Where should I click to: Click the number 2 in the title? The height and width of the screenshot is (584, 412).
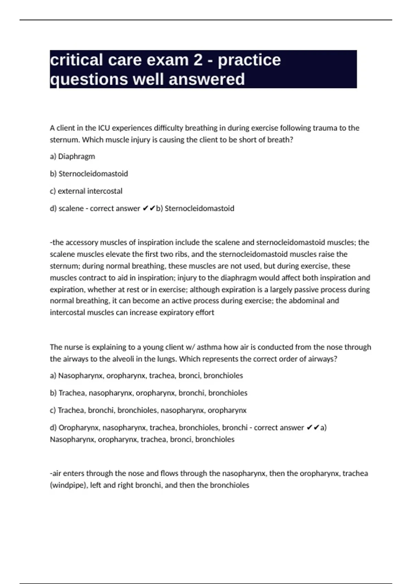click(198, 60)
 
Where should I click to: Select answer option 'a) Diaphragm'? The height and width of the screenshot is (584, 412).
click(72, 157)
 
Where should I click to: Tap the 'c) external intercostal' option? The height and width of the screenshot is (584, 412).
click(86, 191)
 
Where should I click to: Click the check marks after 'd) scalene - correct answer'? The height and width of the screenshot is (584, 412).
click(148, 209)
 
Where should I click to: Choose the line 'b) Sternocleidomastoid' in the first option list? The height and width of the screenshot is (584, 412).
click(89, 174)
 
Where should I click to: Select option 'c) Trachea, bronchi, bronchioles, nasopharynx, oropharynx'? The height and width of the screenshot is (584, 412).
click(148, 411)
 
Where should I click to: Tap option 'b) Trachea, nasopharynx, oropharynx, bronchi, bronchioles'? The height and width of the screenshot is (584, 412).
click(149, 393)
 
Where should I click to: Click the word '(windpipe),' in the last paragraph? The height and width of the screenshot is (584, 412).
click(69, 485)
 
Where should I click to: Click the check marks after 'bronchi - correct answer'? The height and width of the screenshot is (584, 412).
click(312, 428)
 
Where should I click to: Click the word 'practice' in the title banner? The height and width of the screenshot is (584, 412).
click(249, 60)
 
